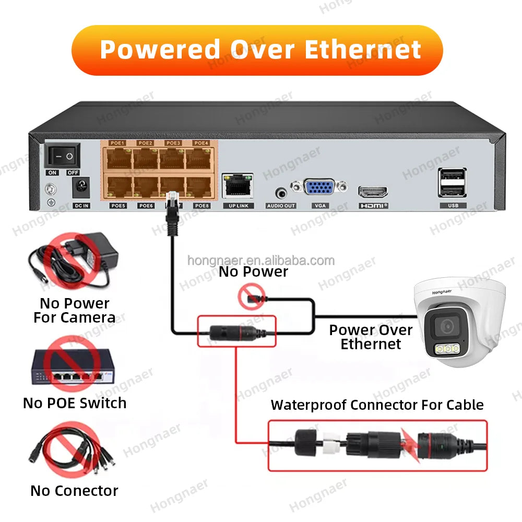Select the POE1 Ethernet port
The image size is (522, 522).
pyautogui.click(x=117, y=159)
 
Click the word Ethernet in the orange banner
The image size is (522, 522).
pyautogui.click(x=362, y=50)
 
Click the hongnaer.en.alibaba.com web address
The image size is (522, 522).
pyautogui.click(x=260, y=260)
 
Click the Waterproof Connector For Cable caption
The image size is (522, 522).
pyautogui.click(x=377, y=405)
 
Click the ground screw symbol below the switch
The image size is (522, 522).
pyautogui.click(x=51, y=191)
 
